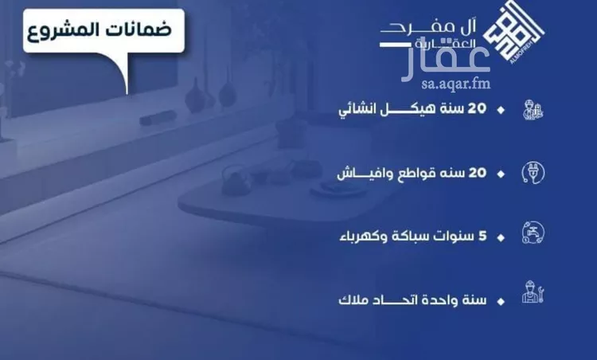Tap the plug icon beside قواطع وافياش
530,172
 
